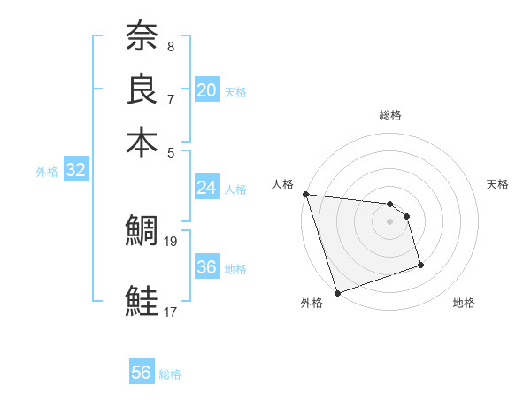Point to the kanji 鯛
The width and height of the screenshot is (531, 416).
(142, 232)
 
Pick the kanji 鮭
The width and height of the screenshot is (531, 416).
(142, 301)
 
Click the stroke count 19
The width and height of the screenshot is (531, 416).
(172, 240)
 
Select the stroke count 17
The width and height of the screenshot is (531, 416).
(171, 311)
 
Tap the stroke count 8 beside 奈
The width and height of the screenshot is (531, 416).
(170, 45)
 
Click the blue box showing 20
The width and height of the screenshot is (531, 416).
(206, 89)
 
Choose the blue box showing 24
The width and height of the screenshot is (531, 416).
(206, 188)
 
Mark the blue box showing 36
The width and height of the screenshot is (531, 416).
(206, 267)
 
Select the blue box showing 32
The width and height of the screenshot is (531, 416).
(75, 171)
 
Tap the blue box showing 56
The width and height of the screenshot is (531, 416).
(142, 373)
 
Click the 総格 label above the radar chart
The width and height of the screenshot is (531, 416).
(390, 115)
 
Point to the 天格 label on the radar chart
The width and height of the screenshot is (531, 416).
(497, 184)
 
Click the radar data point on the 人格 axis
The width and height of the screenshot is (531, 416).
(305, 194)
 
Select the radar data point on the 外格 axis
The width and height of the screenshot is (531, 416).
(337, 293)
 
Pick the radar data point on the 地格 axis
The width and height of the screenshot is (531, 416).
(420, 266)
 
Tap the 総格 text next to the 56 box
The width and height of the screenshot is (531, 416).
(170, 374)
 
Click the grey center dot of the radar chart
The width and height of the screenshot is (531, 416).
(390, 221)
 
